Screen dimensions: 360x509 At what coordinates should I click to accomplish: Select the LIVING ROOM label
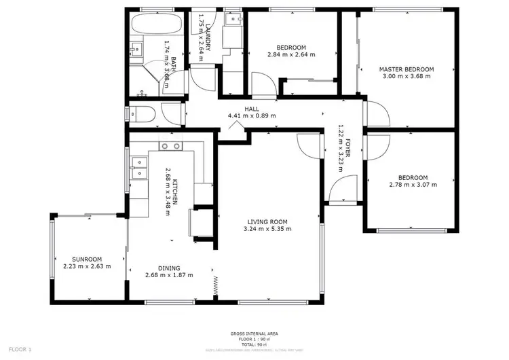[x=267, y=221]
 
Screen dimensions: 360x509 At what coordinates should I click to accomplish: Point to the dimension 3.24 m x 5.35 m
[x=267, y=229]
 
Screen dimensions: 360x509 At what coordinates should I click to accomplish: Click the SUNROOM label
[x=87, y=259]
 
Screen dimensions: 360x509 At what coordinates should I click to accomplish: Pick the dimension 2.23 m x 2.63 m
[x=87, y=266]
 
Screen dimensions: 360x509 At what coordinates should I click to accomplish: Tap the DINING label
[x=168, y=268]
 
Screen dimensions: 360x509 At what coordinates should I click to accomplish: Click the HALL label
[x=252, y=109]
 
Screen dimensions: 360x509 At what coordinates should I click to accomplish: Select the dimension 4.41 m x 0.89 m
[x=252, y=116]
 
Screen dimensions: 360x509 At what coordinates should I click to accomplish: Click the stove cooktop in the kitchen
[x=170, y=146]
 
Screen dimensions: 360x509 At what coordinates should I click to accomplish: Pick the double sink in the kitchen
[x=138, y=167]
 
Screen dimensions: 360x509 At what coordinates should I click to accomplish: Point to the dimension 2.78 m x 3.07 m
[x=413, y=184]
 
